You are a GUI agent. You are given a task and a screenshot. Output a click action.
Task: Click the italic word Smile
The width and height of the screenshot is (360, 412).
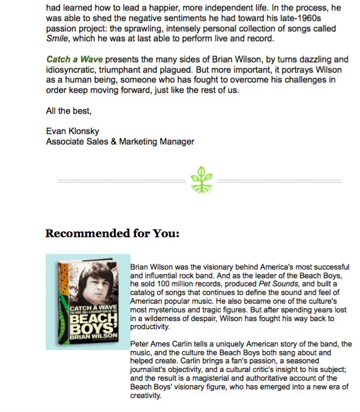tap(57, 39)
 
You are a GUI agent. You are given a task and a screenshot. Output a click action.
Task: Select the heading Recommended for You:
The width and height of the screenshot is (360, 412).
tap(112, 234)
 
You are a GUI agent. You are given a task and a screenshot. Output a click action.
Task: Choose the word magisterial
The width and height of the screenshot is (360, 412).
tap(217, 379)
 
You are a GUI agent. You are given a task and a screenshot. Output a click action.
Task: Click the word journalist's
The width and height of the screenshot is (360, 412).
tap(152, 370)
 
